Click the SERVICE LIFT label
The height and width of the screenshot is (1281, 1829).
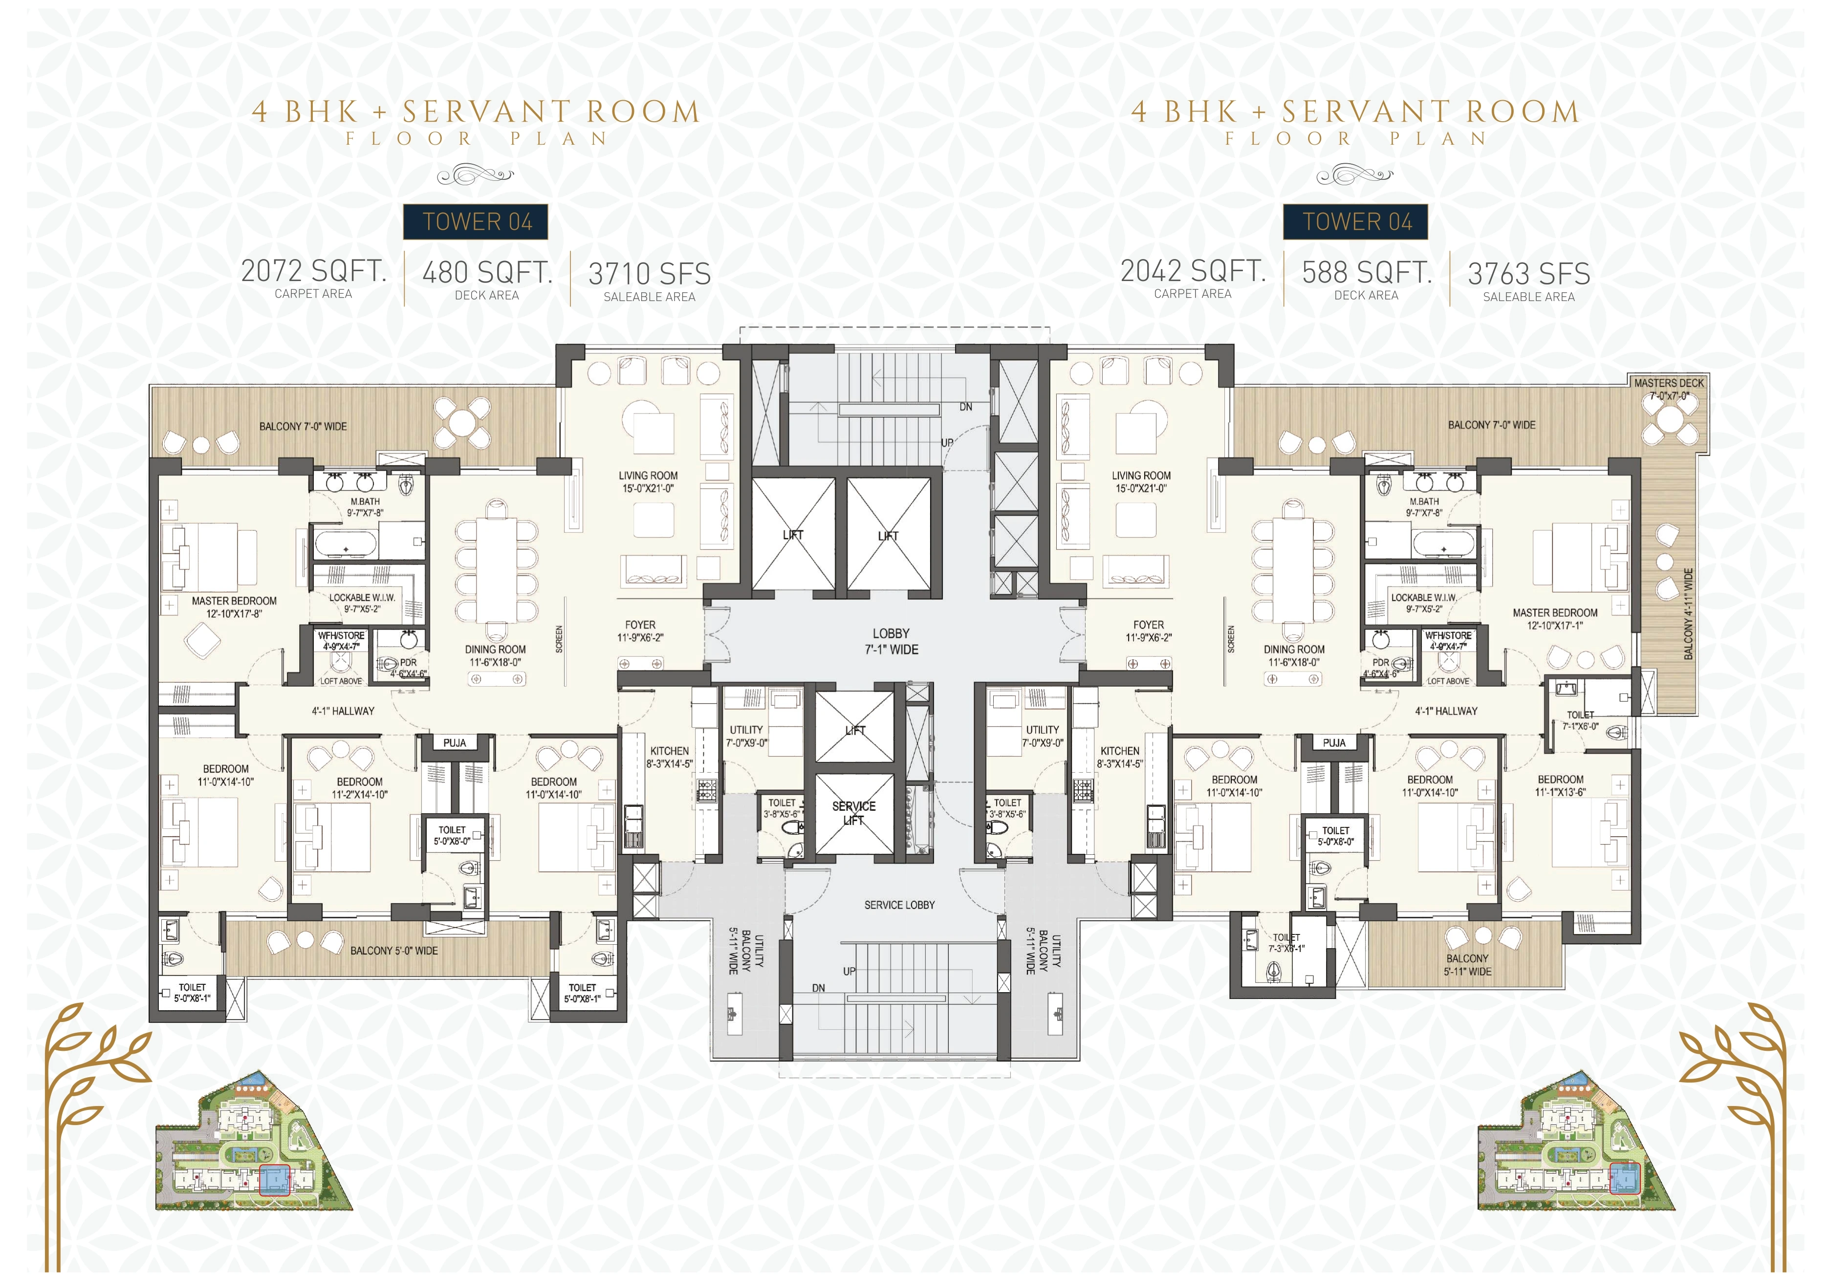pyautogui.click(x=853, y=813)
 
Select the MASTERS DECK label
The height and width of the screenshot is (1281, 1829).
pyautogui.click(x=1669, y=383)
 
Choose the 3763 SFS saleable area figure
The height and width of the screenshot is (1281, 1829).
pyautogui.click(x=1529, y=274)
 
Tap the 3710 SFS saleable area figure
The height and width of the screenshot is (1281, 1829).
pyautogui.click(x=649, y=274)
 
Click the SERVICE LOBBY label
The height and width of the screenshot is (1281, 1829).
pyautogui.click(x=899, y=905)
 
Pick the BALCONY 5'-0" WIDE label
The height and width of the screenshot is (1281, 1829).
pyautogui.click(x=394, y=951)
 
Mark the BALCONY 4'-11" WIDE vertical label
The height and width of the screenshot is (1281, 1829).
pyautogui.click(x=1688, y=613)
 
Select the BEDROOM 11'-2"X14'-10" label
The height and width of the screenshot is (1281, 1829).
pyautogui.click(x=359, y=788)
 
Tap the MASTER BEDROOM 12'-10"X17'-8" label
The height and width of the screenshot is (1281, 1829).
pyautogui.click(x=234, y=607)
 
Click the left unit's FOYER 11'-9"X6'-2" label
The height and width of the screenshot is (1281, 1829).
pyautogui.click(x=640, y=631)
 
